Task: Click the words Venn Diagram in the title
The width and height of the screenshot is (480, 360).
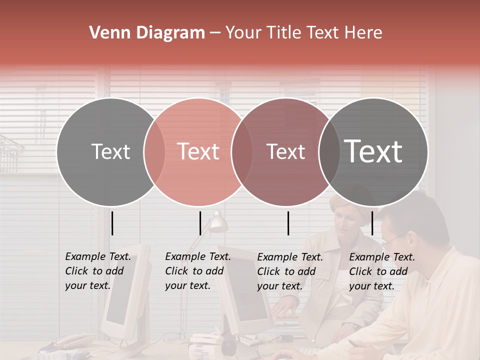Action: [147, 33]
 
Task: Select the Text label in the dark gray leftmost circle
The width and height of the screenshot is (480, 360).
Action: [110, 152]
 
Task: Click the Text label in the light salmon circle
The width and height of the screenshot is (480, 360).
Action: [198, 152]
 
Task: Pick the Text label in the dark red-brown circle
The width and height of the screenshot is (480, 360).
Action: [285, 152]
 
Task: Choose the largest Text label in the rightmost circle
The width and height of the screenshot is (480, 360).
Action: [373, 151]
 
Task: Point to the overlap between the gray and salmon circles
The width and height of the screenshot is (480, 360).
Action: [154, 152]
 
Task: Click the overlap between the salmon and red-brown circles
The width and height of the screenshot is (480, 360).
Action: [241, 152]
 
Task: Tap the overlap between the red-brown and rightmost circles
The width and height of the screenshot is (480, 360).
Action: [329, 152]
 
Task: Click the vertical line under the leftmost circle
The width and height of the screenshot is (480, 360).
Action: [112, 223]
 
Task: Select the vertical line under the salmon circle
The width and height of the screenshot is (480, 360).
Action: [200, 223]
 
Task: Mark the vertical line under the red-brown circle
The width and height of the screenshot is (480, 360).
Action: [288, 223]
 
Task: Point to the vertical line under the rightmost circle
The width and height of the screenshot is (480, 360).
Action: [372, 223]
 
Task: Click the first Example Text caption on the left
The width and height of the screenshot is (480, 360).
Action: [97, 271]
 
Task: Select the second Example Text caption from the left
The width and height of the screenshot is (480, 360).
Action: [197, 271]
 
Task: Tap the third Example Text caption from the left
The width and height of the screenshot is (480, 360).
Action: [289, 271]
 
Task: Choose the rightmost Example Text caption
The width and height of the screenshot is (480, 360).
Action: [381, 271]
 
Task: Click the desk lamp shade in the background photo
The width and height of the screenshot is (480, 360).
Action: [218, 223]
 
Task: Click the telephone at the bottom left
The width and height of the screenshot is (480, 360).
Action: [70, 342]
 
